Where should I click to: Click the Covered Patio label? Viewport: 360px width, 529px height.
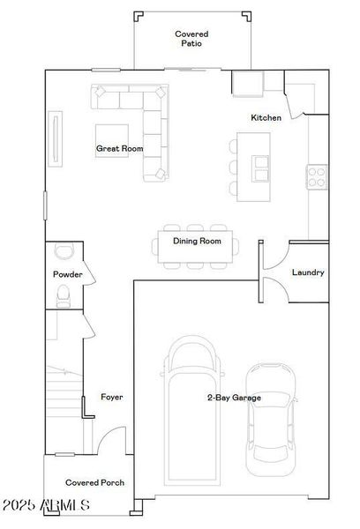pos(191,37)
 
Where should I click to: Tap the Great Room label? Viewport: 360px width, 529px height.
pos(119,149)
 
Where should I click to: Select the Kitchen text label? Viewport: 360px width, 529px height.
pos(266,117)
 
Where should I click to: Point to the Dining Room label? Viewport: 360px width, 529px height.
pos(196,241)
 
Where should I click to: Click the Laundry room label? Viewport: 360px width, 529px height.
pos(307,272)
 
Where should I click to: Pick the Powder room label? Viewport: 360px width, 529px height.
pos(68,274)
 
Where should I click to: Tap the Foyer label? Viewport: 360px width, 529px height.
pos(111,397)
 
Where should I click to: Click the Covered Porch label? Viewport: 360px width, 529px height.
pos(94,482)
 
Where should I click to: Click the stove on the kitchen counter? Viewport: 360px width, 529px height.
pos(315,175)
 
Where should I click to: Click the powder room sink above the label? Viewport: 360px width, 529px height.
pos(62,250)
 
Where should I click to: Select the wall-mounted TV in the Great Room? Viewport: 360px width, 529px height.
pos(58,136)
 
